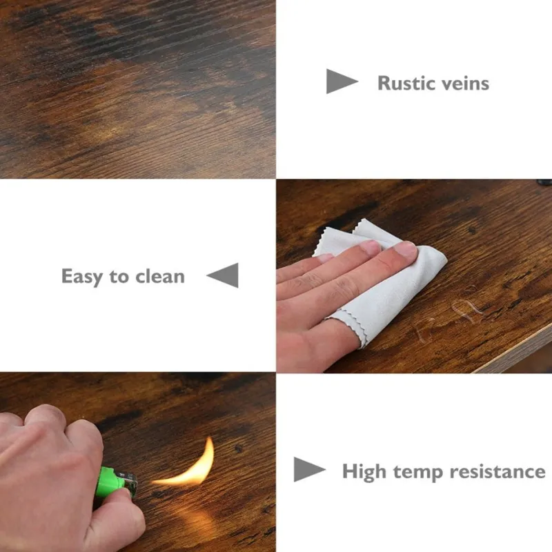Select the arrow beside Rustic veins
(x=342, y=81)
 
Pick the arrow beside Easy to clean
(x=222, y=275)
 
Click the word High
(x=364, y=472)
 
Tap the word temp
(x=418, y=473)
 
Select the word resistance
(x=497, y=472)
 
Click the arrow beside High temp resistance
(x=309, y=470)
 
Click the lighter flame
(x=190, y=464)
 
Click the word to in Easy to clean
(x=119, y=277)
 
